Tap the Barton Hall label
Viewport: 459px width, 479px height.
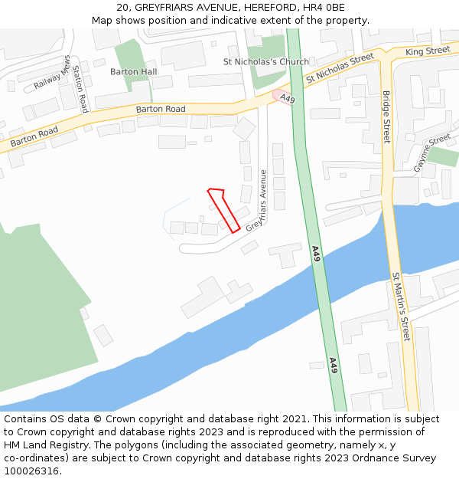133,71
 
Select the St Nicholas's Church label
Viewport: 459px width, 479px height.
265,62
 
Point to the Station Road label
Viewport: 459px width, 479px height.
80,89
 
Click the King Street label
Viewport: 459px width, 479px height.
428,51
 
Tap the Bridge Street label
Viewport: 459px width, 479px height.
386,117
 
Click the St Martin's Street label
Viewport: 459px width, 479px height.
402,307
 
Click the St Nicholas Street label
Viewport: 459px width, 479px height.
339,69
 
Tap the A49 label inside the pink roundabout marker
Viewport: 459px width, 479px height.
287,99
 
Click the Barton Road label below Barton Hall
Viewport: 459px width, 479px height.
161,110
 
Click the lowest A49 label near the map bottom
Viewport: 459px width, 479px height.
334,365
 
